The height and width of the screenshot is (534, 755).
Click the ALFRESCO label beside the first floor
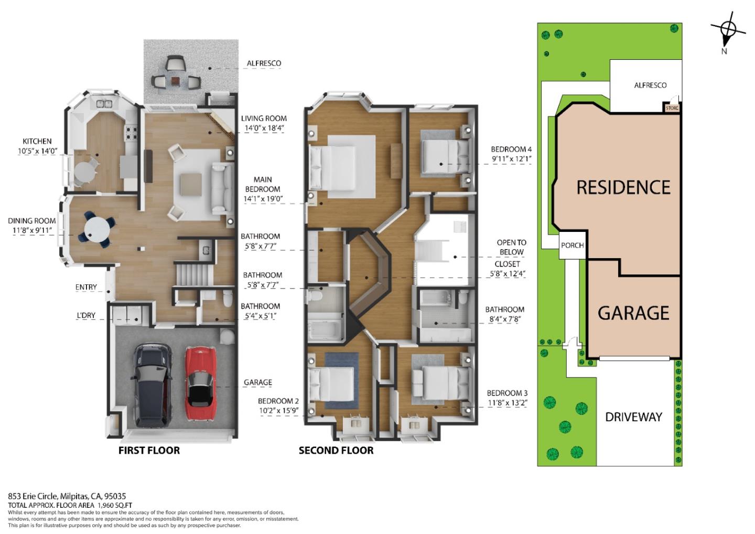264,63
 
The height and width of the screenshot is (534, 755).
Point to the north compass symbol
728,30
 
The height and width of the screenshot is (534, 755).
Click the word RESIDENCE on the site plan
623,187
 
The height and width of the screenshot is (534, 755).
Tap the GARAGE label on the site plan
633,313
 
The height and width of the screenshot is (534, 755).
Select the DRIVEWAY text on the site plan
633,417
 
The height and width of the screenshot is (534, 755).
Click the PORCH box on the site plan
572,245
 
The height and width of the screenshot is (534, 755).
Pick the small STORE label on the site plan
672,108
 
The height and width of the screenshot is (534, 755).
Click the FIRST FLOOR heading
149,451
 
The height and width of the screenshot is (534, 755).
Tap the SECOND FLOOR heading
336,451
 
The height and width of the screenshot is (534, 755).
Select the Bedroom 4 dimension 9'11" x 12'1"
511,158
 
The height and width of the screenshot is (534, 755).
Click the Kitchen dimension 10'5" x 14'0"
37,151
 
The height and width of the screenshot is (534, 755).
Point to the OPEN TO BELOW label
511,247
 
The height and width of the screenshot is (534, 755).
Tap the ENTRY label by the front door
86,287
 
